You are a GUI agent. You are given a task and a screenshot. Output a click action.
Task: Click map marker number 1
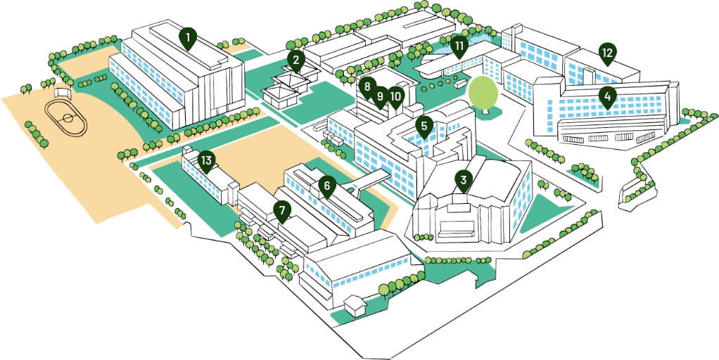tap(188, 39)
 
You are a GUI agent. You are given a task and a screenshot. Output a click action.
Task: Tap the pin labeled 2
tap(296, 61)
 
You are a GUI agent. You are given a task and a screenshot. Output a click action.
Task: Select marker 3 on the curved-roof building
tap(463, 181)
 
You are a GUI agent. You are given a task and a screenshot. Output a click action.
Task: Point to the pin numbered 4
tap(607, 98)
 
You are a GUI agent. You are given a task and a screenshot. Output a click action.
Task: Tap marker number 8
tap(367, 88)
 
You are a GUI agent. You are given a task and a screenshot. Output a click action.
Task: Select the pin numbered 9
tap(380, 97)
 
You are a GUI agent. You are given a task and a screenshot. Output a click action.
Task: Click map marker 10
tap(395, 97)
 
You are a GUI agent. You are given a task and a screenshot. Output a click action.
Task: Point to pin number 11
tap(459, 46)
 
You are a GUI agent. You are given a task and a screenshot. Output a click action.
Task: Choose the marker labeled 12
tap(607, 54)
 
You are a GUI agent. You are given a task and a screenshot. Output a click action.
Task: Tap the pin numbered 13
tap(207, 162)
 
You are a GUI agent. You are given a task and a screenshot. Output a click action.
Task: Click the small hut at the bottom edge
tap(355, 305)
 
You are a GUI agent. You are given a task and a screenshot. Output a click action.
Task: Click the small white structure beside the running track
tap(63, 93)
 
